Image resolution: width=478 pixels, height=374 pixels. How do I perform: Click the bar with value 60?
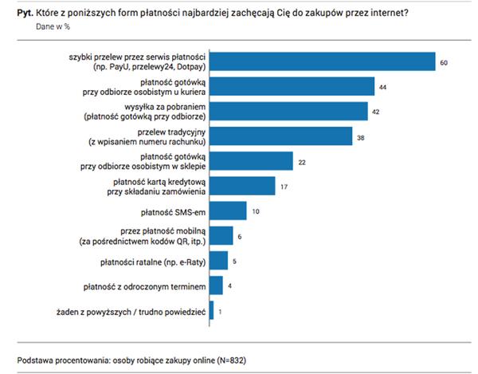[322, 61]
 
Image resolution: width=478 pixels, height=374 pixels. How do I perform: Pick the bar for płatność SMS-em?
[228, 211]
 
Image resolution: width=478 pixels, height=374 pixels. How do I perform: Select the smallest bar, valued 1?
[211, 310]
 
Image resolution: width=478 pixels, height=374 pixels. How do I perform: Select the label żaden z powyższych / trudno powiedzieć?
[130, 310]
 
